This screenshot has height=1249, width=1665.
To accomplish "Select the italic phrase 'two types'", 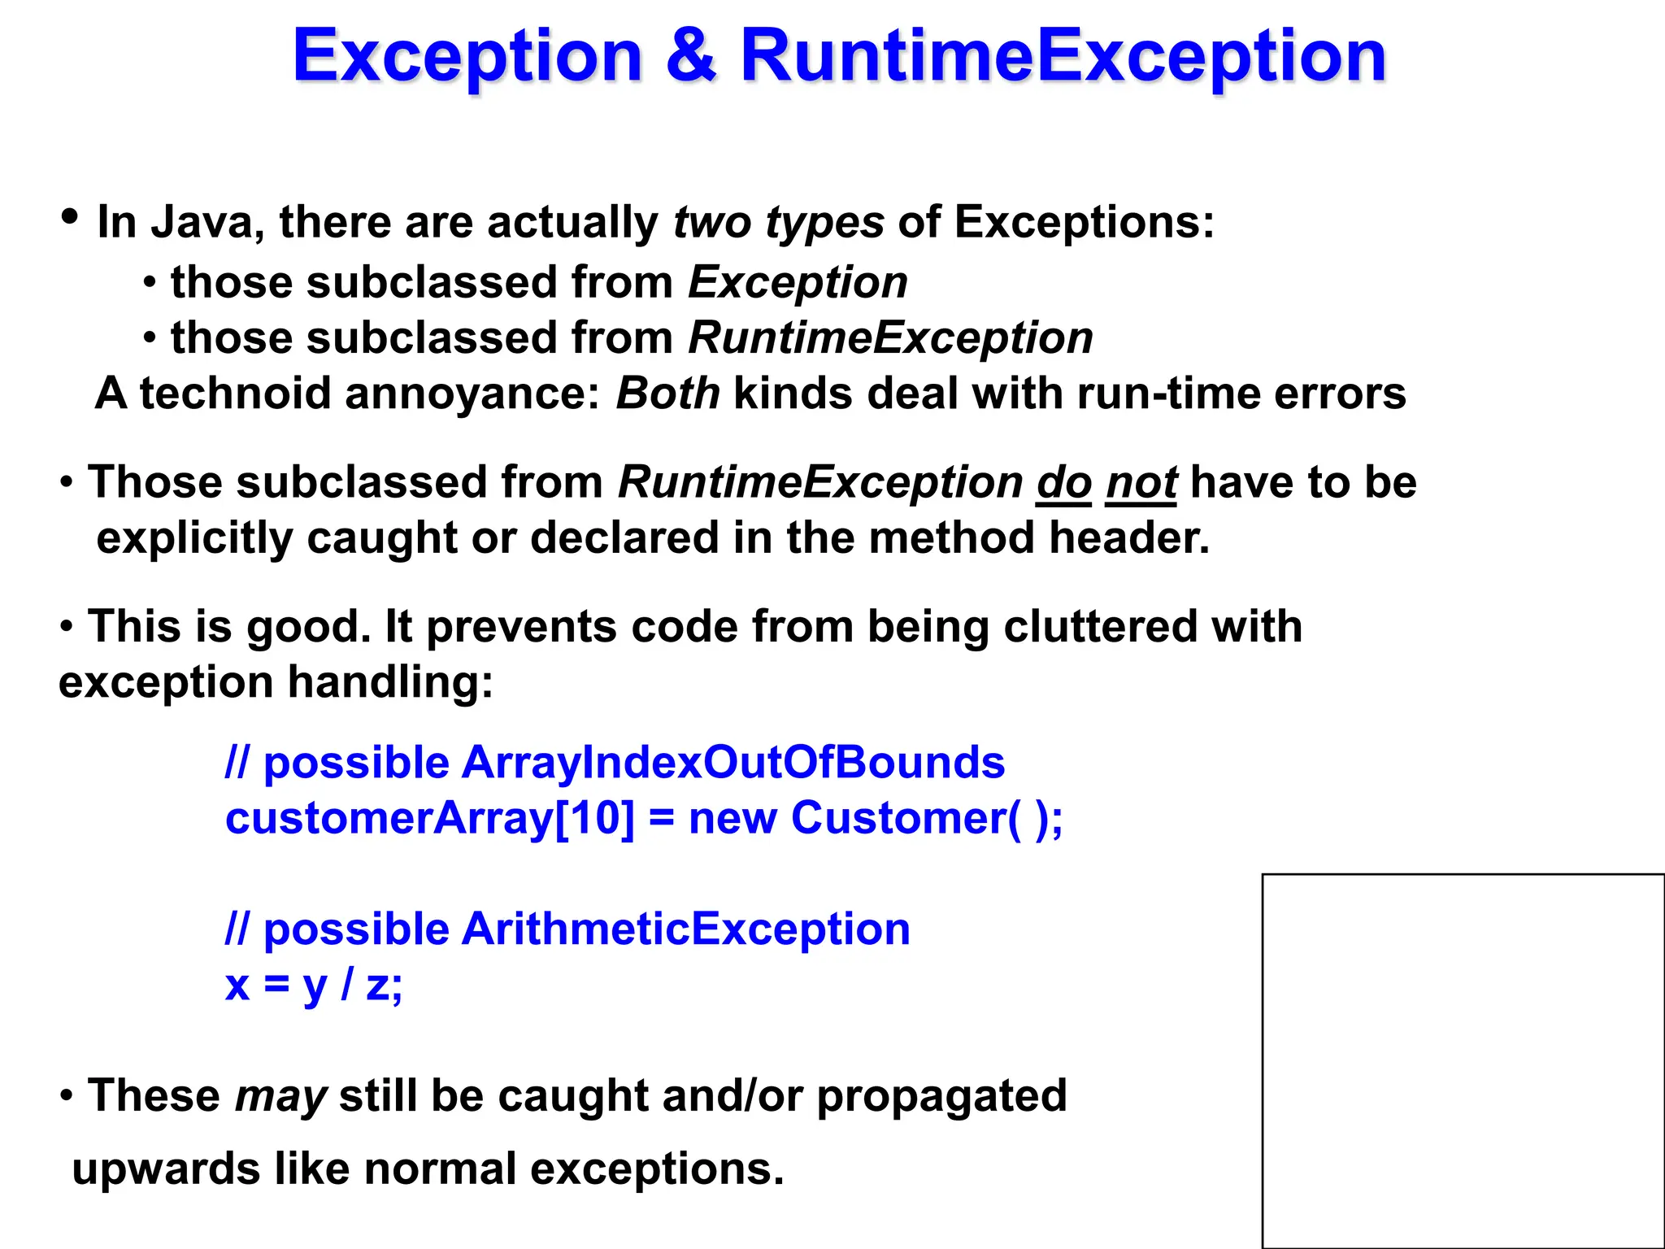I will [778, 222].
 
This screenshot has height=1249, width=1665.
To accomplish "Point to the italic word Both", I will [667, 394].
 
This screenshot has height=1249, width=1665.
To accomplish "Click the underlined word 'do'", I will [1063, 483].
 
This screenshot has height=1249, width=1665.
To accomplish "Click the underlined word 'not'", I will [1141, 483].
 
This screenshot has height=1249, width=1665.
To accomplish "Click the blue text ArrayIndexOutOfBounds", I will [733, 763].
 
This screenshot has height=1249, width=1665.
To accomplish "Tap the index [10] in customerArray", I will [594, 818].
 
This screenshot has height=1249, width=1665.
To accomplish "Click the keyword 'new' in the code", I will [733, 818].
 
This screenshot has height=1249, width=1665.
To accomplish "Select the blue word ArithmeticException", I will [685, 929].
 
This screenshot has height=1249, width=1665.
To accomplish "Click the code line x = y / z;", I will [314, 985].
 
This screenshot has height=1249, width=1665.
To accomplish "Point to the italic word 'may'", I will [280, 1096].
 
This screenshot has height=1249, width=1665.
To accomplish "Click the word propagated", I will [941, 1096].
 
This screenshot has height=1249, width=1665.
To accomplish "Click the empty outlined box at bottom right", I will [1463, 1060].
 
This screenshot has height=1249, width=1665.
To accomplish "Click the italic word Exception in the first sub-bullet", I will [798, 283].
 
